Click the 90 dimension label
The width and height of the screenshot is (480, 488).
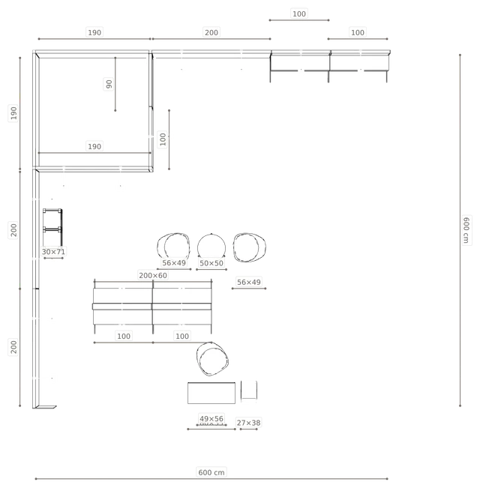pos(109,84)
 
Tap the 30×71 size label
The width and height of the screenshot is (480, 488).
pos(53,251)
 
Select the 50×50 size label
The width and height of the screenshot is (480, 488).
pos(211,263)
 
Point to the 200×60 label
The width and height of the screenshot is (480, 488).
pos(153,275)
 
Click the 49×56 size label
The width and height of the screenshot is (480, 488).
pos(211,418)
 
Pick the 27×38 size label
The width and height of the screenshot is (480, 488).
pos(249,423)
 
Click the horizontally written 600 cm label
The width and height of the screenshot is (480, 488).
pos(211,472)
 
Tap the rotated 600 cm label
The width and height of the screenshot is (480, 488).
pos(466,230)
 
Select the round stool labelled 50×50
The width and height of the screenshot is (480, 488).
pos(211,247)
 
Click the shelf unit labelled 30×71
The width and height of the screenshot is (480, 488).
pos(52,227)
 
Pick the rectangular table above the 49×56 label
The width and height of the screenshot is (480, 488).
pos(211,393)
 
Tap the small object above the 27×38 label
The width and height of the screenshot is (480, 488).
pos(249,390)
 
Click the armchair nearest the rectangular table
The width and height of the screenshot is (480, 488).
pos(212,359)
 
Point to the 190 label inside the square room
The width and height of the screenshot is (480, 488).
pos(94,147)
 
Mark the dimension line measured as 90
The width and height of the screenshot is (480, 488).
pos(115,84)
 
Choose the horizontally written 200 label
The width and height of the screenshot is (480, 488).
pos(211,32)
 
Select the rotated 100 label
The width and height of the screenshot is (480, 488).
pos(163,139)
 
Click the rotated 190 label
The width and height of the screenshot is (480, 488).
pos(13,113)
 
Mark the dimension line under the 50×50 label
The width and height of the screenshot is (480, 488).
pos(211,270)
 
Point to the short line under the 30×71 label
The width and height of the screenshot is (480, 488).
pos(53,258)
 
